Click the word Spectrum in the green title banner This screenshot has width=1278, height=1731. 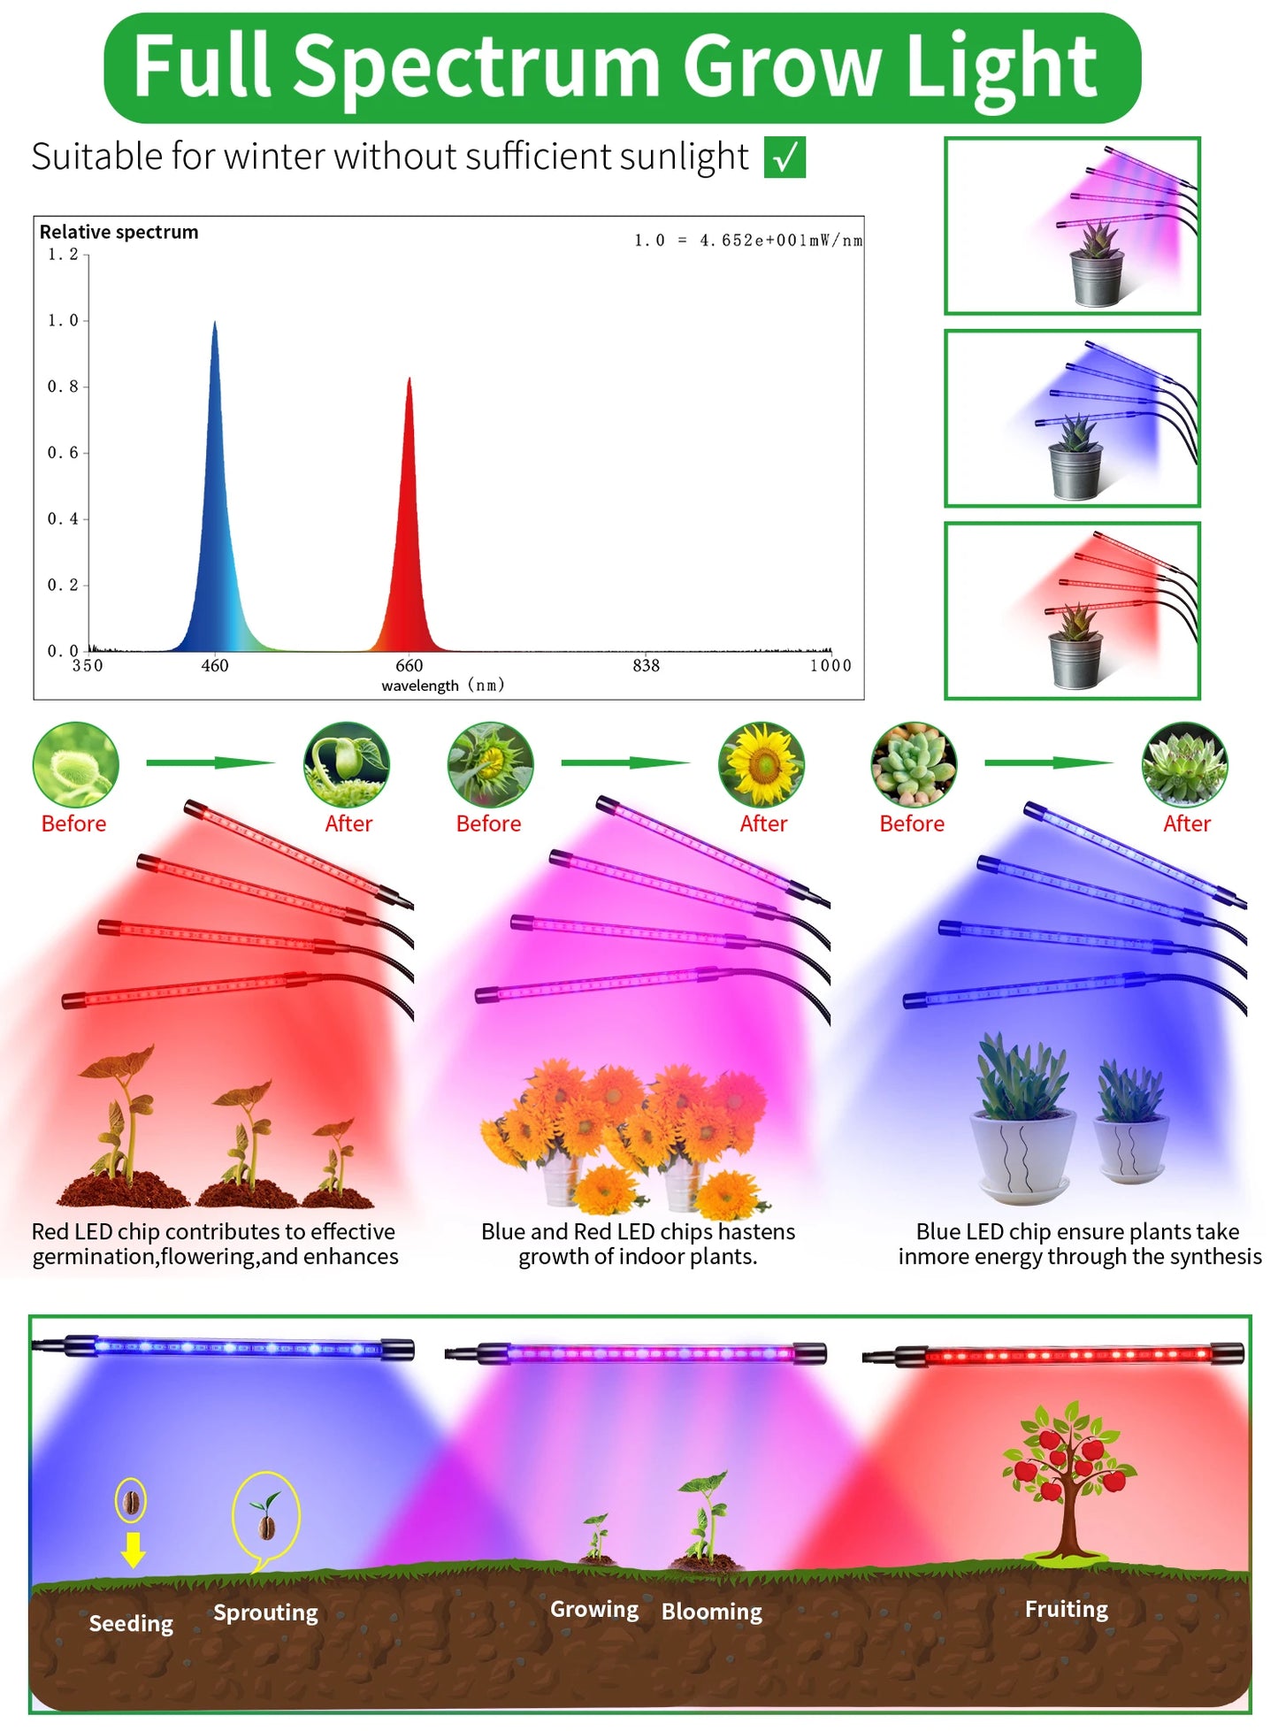[x=477, y=66]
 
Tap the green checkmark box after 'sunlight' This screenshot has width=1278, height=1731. [x=784, y=157]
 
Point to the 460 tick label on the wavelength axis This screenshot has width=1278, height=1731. [x=215, y=665]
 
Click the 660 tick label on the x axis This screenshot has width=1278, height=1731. [x=409, y=665]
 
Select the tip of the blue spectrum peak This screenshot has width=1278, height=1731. [x=214, y=324]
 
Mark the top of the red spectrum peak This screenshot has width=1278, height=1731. [x=409, y=380]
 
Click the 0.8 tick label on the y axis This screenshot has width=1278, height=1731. [x=63, y=387]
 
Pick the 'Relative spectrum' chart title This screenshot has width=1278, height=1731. [x=119, y=232]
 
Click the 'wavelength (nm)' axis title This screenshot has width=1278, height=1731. [x=442, y=686]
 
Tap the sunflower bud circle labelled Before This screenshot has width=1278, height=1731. [x=490, y=764]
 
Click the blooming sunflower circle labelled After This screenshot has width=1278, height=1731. [x=761, y=764]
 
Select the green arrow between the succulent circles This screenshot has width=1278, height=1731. [x=1048, y=762]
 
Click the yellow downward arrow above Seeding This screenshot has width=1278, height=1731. [x=133, y=1550]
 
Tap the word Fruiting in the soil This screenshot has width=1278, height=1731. [x=1066, y=1609]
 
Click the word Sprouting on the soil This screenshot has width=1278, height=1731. [x=265, y=1612]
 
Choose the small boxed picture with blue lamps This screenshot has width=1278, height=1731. [x=1072, y=418]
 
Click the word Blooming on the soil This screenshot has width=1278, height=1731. [x=711, y=1612]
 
